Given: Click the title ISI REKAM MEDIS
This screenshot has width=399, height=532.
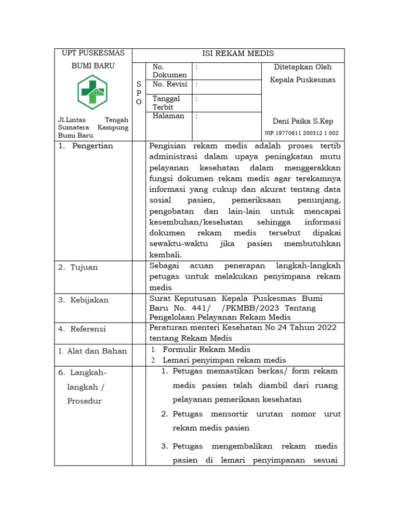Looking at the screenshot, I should tap(238, 54).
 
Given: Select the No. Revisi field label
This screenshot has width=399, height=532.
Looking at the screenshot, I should tap(169, 84).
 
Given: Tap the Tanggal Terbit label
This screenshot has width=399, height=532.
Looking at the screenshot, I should tap(166, 102).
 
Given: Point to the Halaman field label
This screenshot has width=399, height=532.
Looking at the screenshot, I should tap(168, 116).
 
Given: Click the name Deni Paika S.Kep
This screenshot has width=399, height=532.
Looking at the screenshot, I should tap(303, 121).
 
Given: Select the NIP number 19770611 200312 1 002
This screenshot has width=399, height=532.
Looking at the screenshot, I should tap(302, 133).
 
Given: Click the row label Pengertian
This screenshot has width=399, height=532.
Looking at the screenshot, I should tap(92, 146).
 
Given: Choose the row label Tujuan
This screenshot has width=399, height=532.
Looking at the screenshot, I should tap(85, 267).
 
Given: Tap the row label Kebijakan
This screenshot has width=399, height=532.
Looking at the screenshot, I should tap(90, 300).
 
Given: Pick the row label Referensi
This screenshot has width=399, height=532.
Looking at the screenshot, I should tap(88, 329).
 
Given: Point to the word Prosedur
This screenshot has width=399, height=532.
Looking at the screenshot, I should tap(84, 401).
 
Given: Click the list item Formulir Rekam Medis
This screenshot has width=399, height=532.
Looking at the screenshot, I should tap(206, 350).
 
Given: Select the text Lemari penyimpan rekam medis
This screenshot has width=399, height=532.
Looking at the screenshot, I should tap(224, 360).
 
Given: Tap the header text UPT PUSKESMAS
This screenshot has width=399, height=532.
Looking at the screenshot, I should tap(93, 53).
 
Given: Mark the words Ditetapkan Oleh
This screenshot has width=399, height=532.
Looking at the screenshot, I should tap(302, 67).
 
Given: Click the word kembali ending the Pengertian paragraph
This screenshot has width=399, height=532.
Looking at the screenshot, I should tap(166, 255).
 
